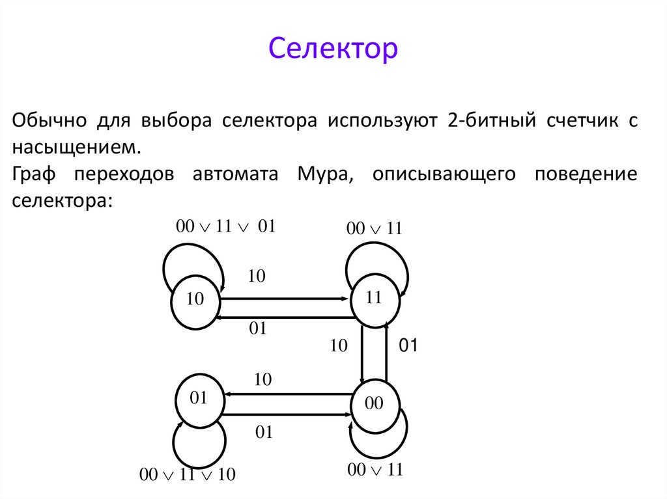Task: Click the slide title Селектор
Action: click(x=333, y=49)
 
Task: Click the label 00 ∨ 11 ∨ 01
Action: click(x=226, y=226)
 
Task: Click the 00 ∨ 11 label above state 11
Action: click(x=375, y=228)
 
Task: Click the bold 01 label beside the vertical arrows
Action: click(x=407, y=346)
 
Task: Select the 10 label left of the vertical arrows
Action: click(x=339, y=345)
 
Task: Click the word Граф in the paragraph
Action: click(x=33, y=174)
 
